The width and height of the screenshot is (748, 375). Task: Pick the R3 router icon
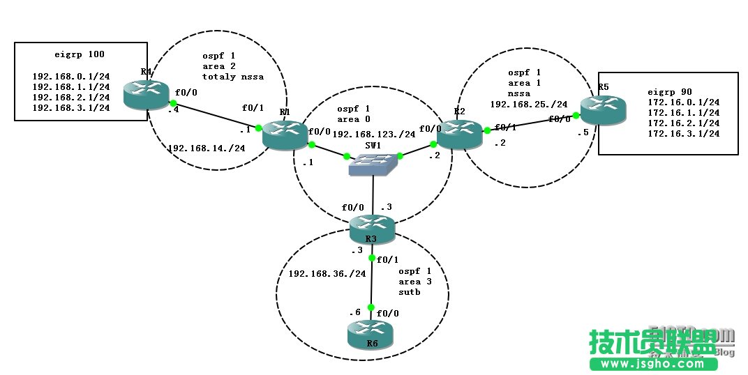(x=372, y=228)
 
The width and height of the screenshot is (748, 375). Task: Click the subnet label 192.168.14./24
(x=207, y=148)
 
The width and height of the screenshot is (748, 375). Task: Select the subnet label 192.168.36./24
(x=327, y=274)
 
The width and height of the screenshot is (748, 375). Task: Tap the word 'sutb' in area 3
(x=410, y=292)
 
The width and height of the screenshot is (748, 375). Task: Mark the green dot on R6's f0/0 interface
(x=371, y=307)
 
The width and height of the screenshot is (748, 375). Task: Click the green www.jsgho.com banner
(x=654, y=364)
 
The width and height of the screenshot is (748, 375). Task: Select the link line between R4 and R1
(x=216, y=116)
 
